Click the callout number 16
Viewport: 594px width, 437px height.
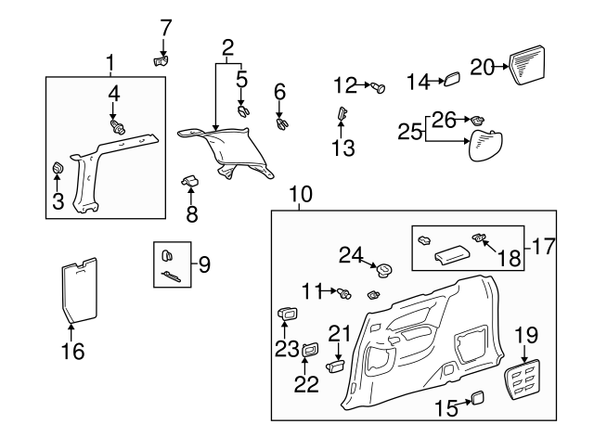click(71, 352)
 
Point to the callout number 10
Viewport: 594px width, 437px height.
click(301, 195)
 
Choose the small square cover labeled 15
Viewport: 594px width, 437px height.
click(478, 398)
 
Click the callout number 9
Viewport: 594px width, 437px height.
click(204, 264)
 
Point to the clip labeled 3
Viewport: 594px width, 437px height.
click(56, 168)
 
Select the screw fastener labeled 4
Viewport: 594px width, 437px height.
click(117, 123)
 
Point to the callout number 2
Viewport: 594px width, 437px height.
click(227, 46)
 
